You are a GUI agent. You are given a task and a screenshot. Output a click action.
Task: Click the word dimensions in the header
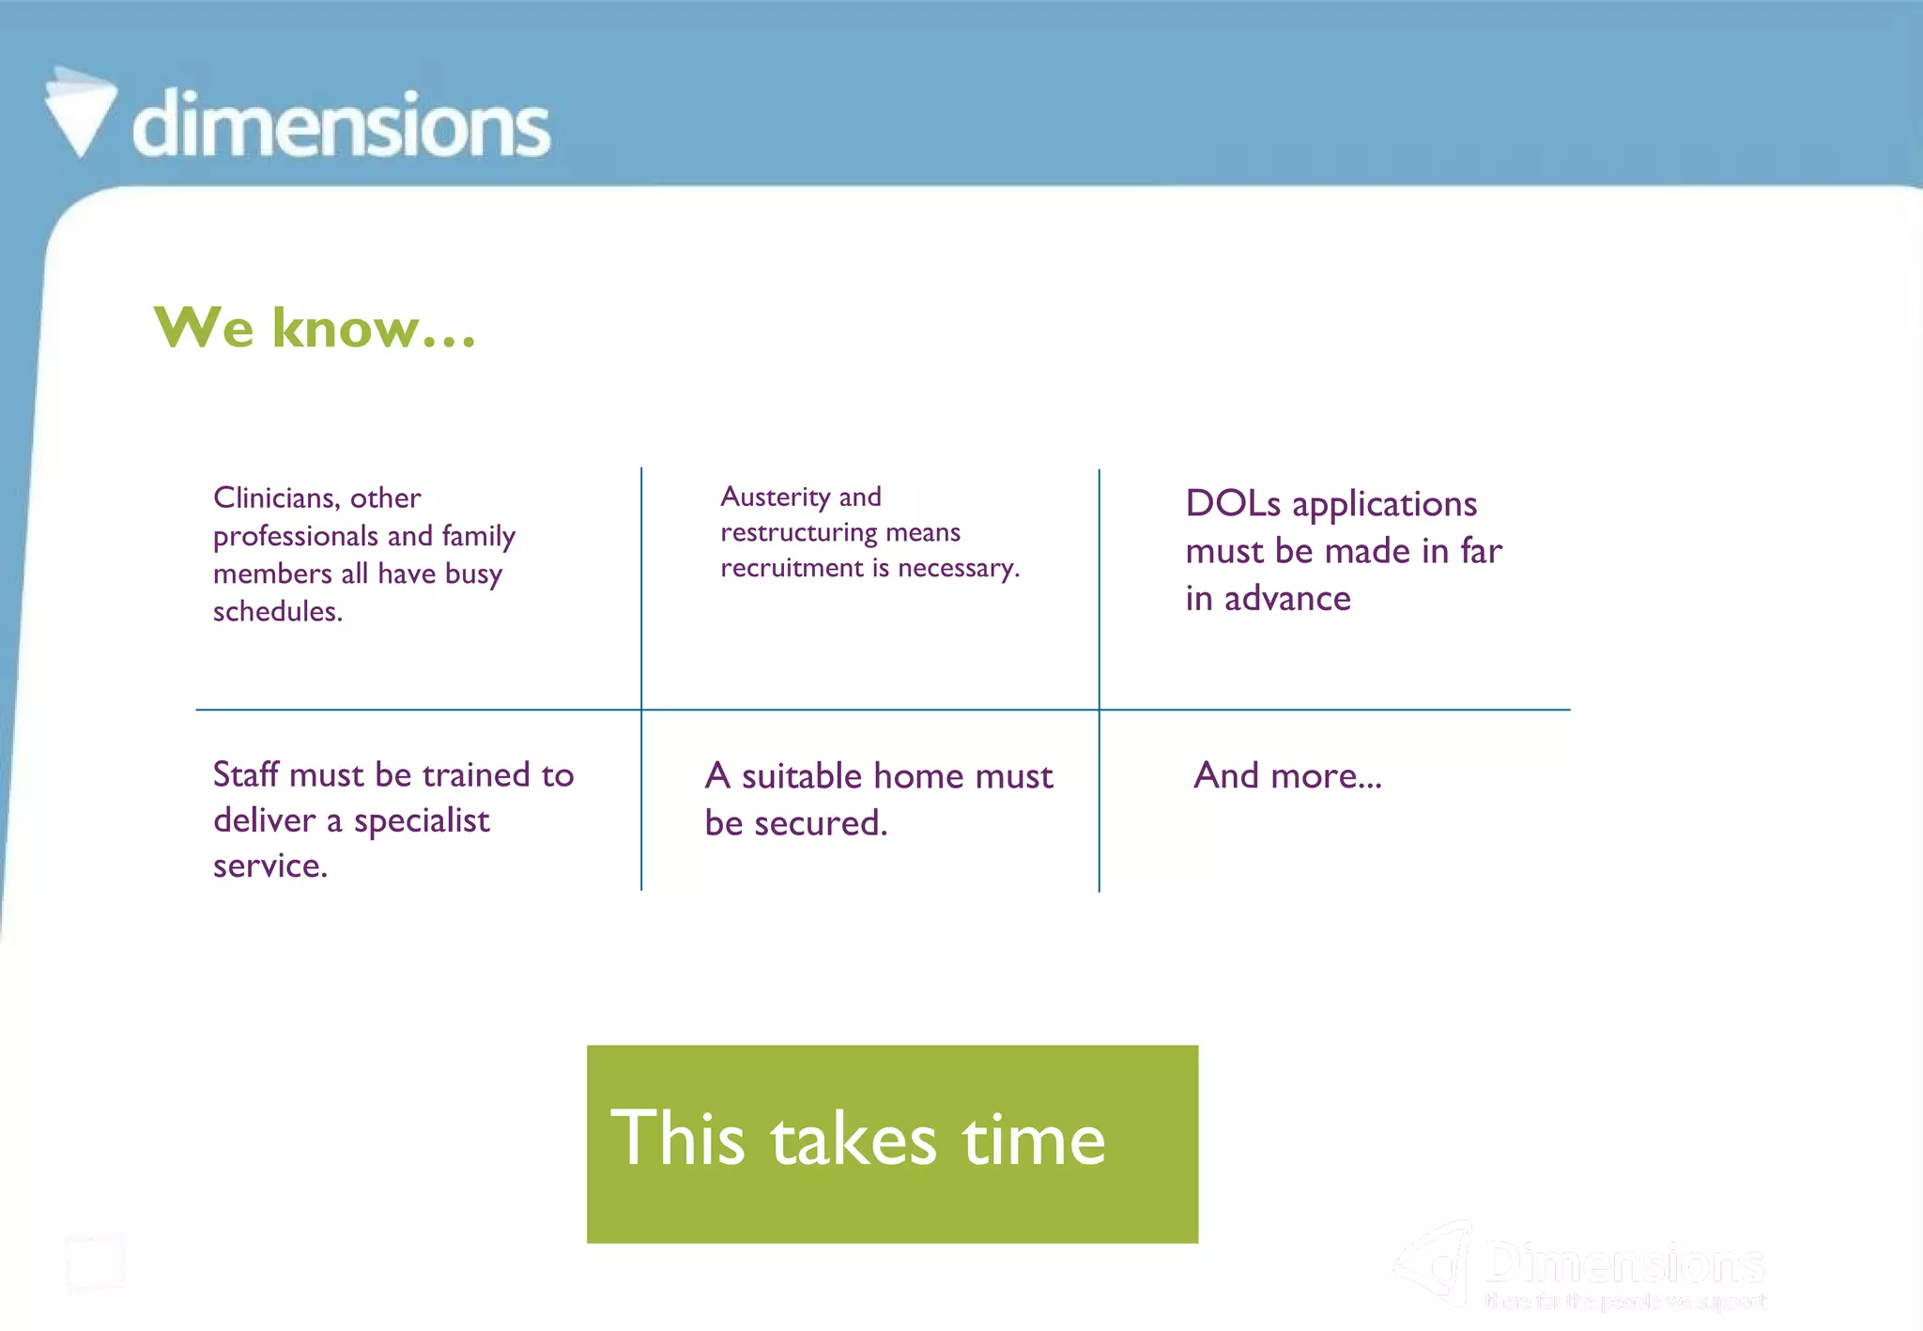click(341, 126)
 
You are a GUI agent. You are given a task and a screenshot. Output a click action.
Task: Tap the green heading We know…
click(315, 329)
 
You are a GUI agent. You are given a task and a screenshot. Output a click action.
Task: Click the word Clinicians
click(275, 497)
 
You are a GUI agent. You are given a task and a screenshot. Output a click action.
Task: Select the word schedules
click(277, 612)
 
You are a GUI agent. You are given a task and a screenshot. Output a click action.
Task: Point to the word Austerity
click(775, 497)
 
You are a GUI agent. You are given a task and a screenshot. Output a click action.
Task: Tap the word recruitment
click(791, 568)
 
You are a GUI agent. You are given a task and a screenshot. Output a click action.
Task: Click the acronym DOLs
click(1232, 504)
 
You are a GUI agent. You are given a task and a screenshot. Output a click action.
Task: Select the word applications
click(1384, 505)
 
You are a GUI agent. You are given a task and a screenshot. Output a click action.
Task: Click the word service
click(269, 865)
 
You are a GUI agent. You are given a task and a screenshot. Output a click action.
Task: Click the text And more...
click(1286, 776)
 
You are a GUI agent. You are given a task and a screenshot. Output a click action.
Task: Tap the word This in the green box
click(677, 1139)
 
